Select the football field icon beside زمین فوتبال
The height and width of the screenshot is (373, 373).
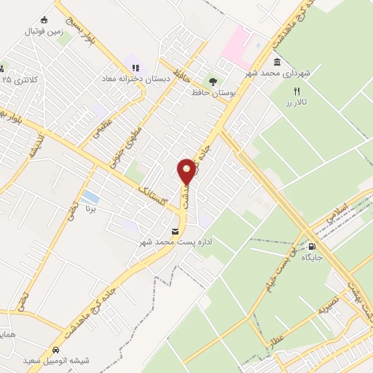[45, 19]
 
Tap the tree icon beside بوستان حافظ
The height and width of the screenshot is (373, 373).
[213, 82]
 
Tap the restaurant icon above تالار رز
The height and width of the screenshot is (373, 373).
[296, 91]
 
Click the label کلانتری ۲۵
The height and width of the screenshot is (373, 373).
[19, 78]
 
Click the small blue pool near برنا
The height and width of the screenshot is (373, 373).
[90, 197]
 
